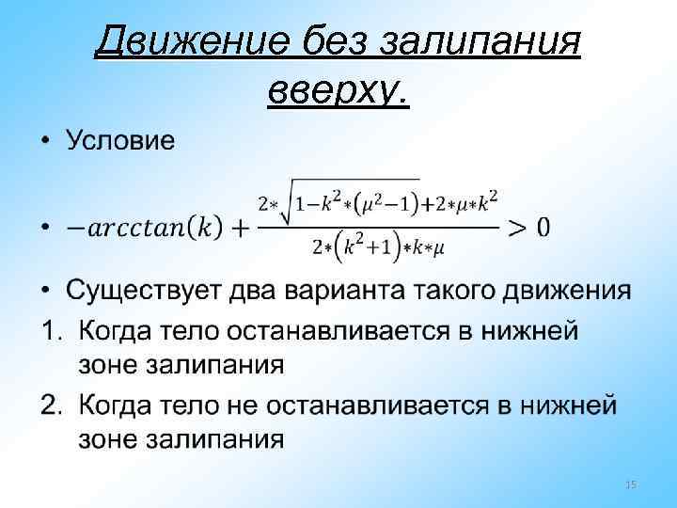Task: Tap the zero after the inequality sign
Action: (543, 227)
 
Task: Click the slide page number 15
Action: (631, 484)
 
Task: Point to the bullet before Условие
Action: (46, 144)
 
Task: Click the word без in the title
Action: (333, 43)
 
